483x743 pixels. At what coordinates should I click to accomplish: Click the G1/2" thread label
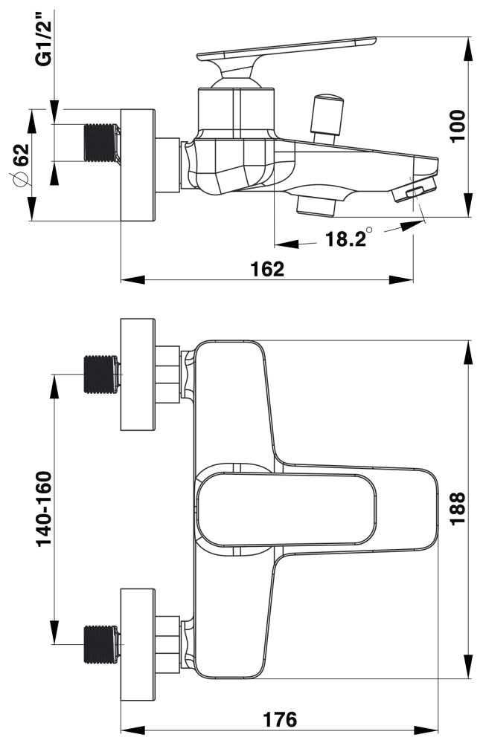coord(46,46)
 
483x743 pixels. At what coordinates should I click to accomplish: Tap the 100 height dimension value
coord(457,126)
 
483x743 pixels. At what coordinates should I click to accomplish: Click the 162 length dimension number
coord(267,269)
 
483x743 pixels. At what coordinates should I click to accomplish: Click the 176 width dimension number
coord(280,719)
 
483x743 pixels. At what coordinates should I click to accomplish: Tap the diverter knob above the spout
coord(328,113)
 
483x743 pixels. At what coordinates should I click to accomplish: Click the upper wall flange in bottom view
coord(138,374)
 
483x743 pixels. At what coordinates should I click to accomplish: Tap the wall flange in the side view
coord(138,165)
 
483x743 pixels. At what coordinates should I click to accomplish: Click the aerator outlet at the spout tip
coord(414,194)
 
